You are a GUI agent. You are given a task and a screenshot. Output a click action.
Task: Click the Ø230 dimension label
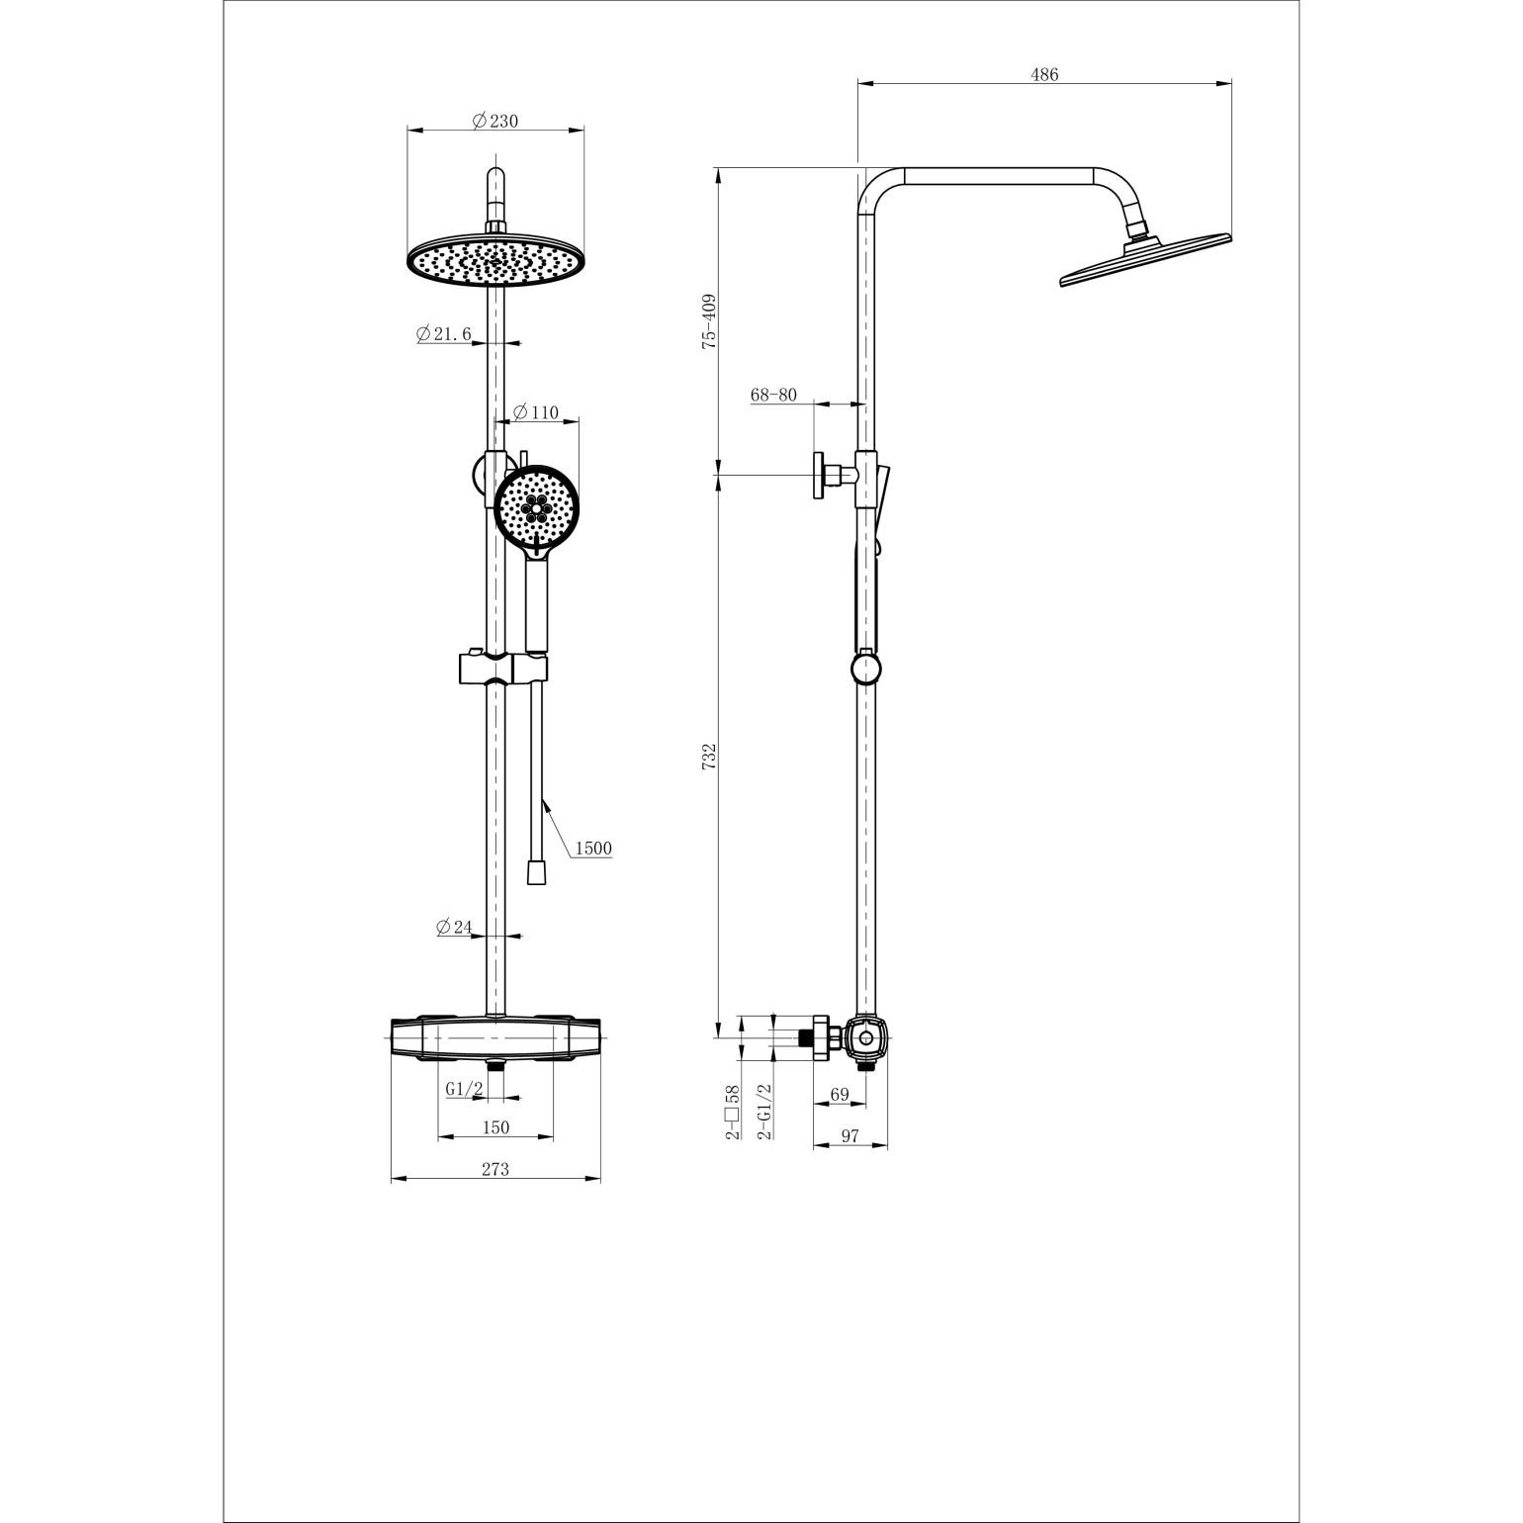click(x=494, y=121)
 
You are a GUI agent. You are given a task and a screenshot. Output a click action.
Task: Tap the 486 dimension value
click(x=1044, y=75)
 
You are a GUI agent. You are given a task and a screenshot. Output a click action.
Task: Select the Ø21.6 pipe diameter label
click(x=444, y=334)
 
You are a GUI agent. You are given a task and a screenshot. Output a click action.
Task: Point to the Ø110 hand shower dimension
click(x=537, y=412)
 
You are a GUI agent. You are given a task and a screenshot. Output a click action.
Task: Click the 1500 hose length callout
click(x=592, y=848)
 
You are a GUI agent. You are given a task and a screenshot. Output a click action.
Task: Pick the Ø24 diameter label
click(x=454, y=927)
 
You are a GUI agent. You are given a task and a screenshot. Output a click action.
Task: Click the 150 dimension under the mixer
click(x=494, y=1127)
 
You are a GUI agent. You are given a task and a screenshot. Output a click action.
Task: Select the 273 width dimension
click(x=494, y=1169)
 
